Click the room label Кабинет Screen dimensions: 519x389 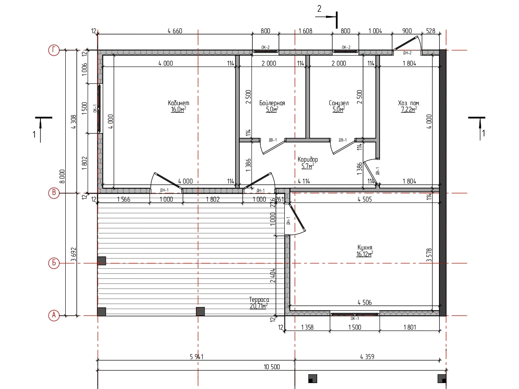coord(179,103)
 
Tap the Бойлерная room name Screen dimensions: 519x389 coord(272,103)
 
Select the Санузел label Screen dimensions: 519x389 coord(339,103)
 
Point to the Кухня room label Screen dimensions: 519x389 coord(365,248)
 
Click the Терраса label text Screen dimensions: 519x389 coord(259,300)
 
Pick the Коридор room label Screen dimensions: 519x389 coord(308,160)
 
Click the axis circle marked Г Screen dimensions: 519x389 coord(54,50)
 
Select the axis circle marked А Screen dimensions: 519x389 coord(54,315)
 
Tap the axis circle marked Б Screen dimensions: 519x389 coord(54,263)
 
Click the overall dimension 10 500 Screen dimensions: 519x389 coord(272,367)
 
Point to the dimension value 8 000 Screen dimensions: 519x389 coord(62,176)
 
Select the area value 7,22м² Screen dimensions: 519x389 coord(409,109)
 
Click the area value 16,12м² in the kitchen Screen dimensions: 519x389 coord(364,254)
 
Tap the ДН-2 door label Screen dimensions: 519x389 coord(407,53)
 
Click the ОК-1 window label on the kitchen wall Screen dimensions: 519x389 coord(355,318)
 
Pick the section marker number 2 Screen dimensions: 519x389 coord(319,9)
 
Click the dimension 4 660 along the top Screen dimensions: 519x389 coord(175,31)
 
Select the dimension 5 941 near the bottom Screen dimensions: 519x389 coord(196,357)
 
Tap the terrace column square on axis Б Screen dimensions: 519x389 coord(102,261)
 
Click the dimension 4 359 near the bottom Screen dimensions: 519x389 coord(367,357)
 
